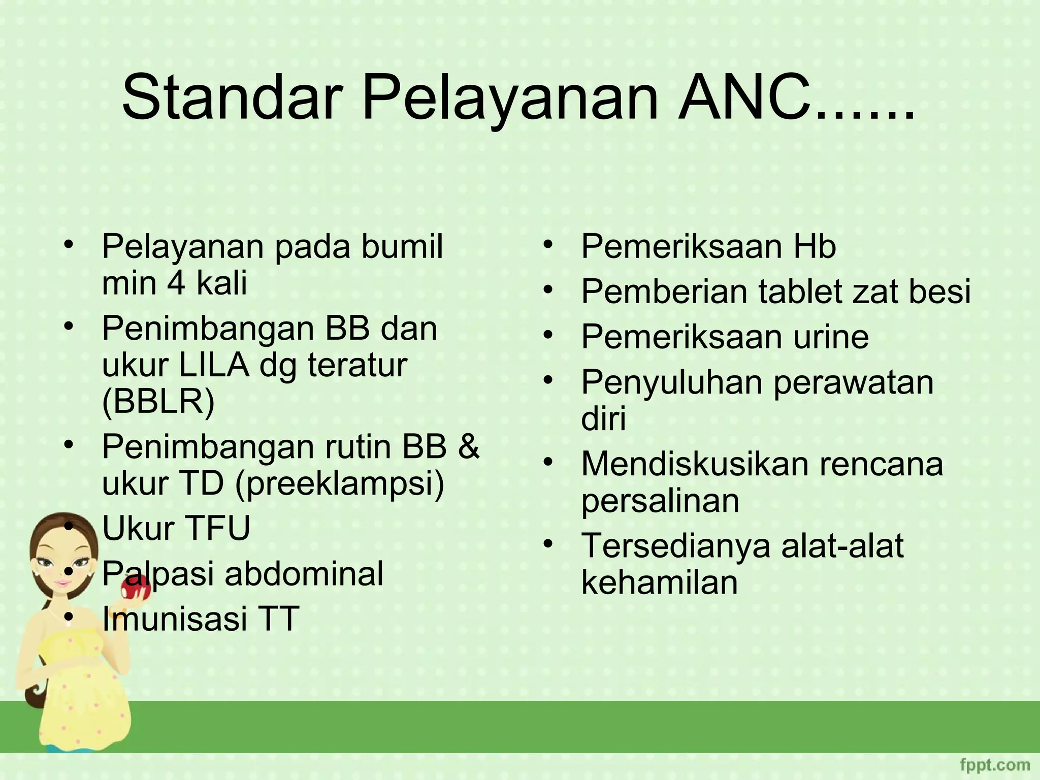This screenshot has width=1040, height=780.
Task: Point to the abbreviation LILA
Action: [213, 365]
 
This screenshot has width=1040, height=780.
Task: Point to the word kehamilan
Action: [659, 582]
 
